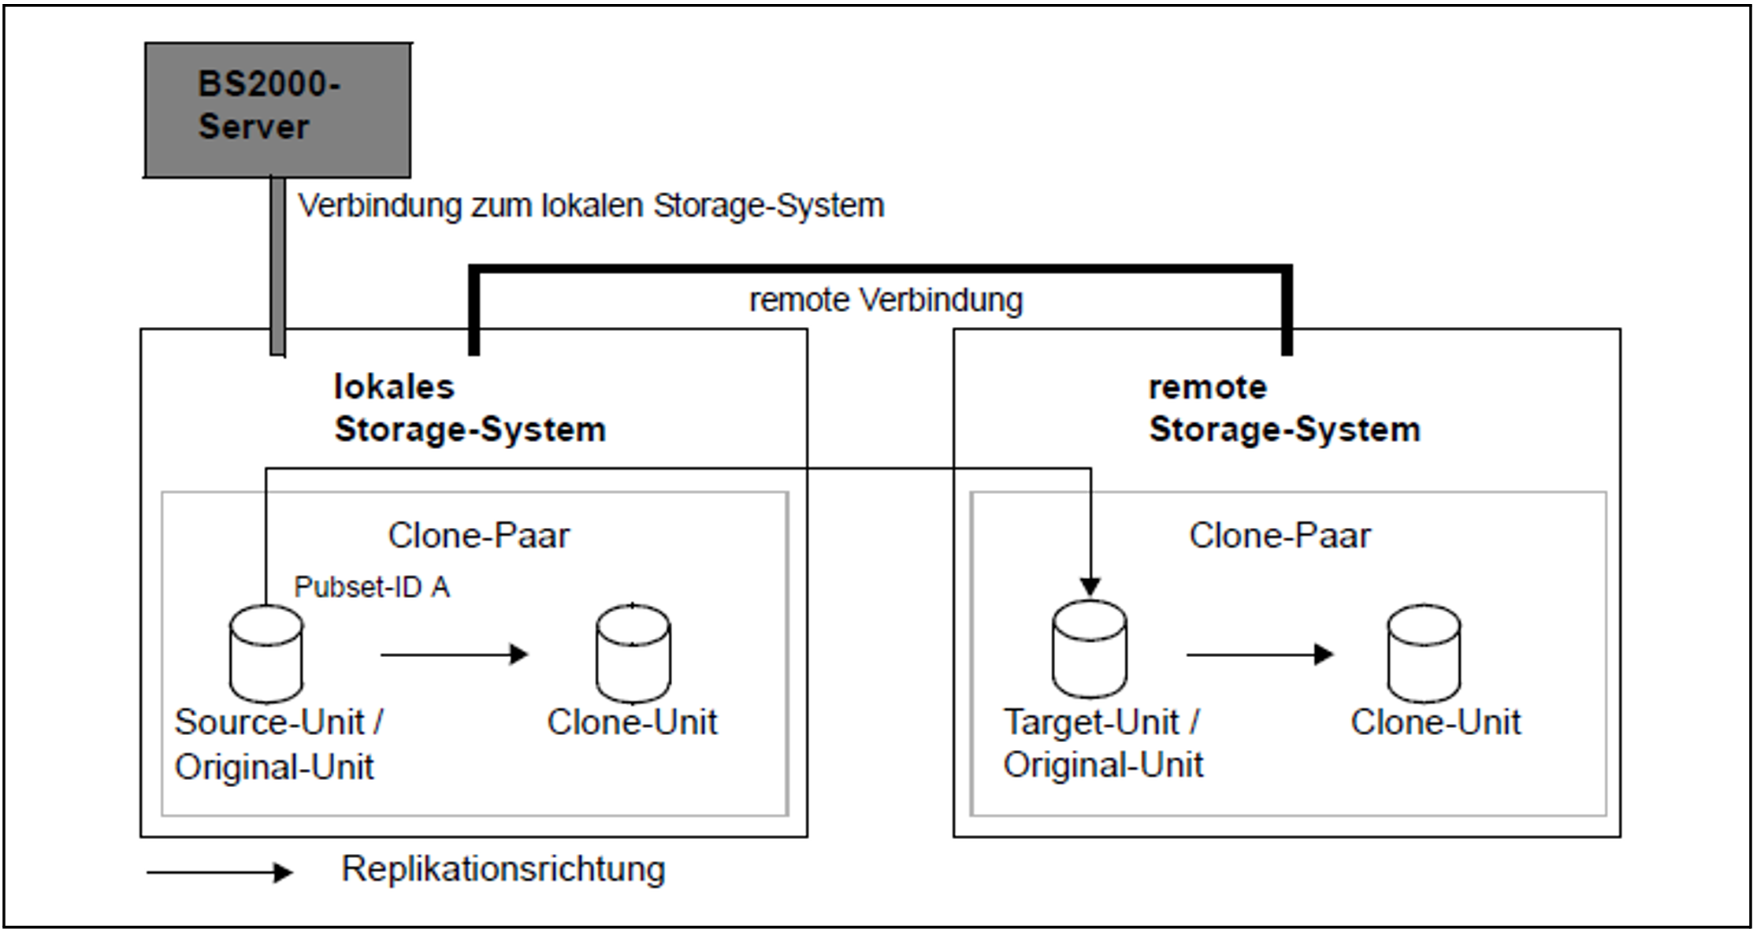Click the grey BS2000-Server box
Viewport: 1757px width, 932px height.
(x=277, y=110)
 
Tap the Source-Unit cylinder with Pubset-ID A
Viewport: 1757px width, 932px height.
(x=266, y=654)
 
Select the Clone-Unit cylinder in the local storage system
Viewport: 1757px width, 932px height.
(x=633, y=654)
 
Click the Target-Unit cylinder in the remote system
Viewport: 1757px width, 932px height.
(x=1090, y=650)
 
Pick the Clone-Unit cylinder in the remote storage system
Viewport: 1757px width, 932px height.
(x=1424, y=654)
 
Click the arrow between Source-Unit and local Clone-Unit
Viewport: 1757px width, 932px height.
(x=455, y=654)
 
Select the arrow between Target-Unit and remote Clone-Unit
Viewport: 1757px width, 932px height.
(x=1260, y=654)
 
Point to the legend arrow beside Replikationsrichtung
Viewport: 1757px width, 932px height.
(x=220, y=872)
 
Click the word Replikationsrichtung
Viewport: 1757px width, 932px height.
(x=503, y=870)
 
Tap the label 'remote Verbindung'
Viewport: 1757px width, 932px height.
(x=886, y=300)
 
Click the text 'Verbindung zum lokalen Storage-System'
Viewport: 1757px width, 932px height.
(x=591, y=206)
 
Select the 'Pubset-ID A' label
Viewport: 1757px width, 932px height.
(x=372, y=587)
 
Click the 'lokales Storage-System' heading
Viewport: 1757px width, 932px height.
(x=470, y=408)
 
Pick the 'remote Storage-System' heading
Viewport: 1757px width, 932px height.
(x=1284, y=408)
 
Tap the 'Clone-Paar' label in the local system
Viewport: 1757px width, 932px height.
(x=478, y=536)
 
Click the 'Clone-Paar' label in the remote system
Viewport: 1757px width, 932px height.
(x=1280, y=536)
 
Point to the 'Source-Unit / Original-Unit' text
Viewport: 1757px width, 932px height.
(x=278, y=744)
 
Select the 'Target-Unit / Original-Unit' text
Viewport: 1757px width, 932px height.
(x=1103, y=743)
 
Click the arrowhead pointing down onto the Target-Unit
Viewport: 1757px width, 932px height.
(x=1090, y=587)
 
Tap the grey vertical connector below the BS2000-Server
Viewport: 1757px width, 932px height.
(x=277, y=266)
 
